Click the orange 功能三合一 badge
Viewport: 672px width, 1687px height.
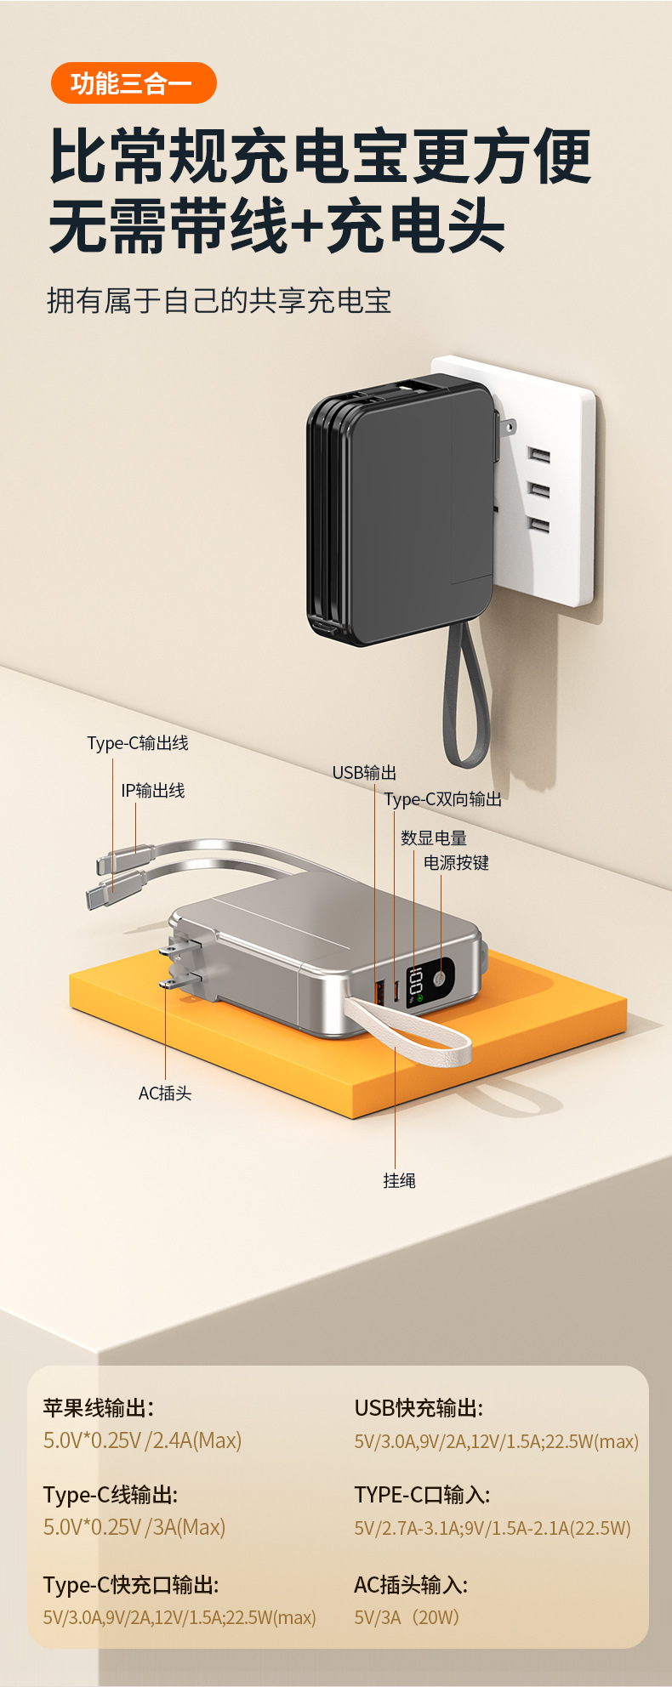pos(134,83)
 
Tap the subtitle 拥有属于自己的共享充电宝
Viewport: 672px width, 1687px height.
pos(219,301)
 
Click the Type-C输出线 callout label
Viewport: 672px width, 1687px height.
pos(138,743)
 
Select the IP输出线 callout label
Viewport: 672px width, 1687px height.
pos(153,791)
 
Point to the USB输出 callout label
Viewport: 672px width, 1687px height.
pos(364,772)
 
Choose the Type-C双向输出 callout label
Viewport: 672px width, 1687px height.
pos(442,799)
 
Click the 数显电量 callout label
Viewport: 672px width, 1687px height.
pos(434,838)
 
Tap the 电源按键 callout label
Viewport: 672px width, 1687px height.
pos(456,863)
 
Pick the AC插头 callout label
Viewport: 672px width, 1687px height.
pos(165,1093)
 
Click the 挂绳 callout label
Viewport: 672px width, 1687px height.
pos(399,1180)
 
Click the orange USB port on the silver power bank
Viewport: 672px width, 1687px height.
pos(379,991)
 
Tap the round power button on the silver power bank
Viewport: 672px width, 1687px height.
pos(440,979)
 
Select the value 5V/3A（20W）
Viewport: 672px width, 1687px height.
pos(407,1617)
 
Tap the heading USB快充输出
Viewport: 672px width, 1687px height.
pos(419,1408)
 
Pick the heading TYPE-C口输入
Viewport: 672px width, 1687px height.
pos(422,1495)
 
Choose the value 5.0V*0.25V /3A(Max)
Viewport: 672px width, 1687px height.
pos(134,1527)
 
